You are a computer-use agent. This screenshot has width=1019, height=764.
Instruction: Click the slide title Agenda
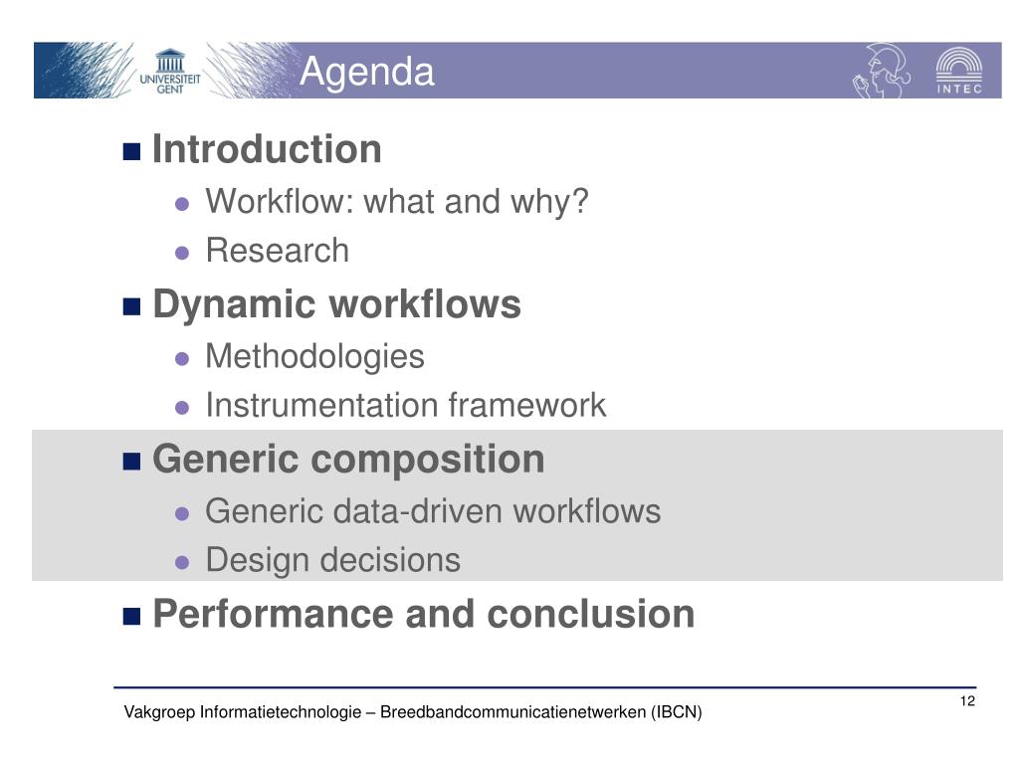[366, 72]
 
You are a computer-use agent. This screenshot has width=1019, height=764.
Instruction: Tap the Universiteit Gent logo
[170, 71]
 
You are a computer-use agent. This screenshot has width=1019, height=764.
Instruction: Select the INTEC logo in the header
[958, 71]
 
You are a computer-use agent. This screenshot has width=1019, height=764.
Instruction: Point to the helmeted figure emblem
[882, 71]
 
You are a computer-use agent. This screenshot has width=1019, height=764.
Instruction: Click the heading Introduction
[267, 149]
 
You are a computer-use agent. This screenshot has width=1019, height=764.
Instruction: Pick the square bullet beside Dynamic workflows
[132, 306]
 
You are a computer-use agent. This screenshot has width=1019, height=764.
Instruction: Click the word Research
[278, 251]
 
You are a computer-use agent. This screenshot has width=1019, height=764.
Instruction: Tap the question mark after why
[579, 201]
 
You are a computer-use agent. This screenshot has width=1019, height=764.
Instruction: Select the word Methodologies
[314, 357]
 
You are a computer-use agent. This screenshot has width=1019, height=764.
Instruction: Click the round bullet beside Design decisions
[182, 562]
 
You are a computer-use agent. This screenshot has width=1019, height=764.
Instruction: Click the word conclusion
[591, 614]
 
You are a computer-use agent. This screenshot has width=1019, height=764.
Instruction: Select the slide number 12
[967, 701]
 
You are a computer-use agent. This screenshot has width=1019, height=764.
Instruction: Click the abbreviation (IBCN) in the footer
[676, 712]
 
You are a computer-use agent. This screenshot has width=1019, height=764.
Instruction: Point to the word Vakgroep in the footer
[159, 712]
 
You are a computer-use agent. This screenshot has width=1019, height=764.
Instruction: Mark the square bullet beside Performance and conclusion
[132, 616]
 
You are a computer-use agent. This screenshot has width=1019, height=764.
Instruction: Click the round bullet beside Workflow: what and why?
[182, 204]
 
